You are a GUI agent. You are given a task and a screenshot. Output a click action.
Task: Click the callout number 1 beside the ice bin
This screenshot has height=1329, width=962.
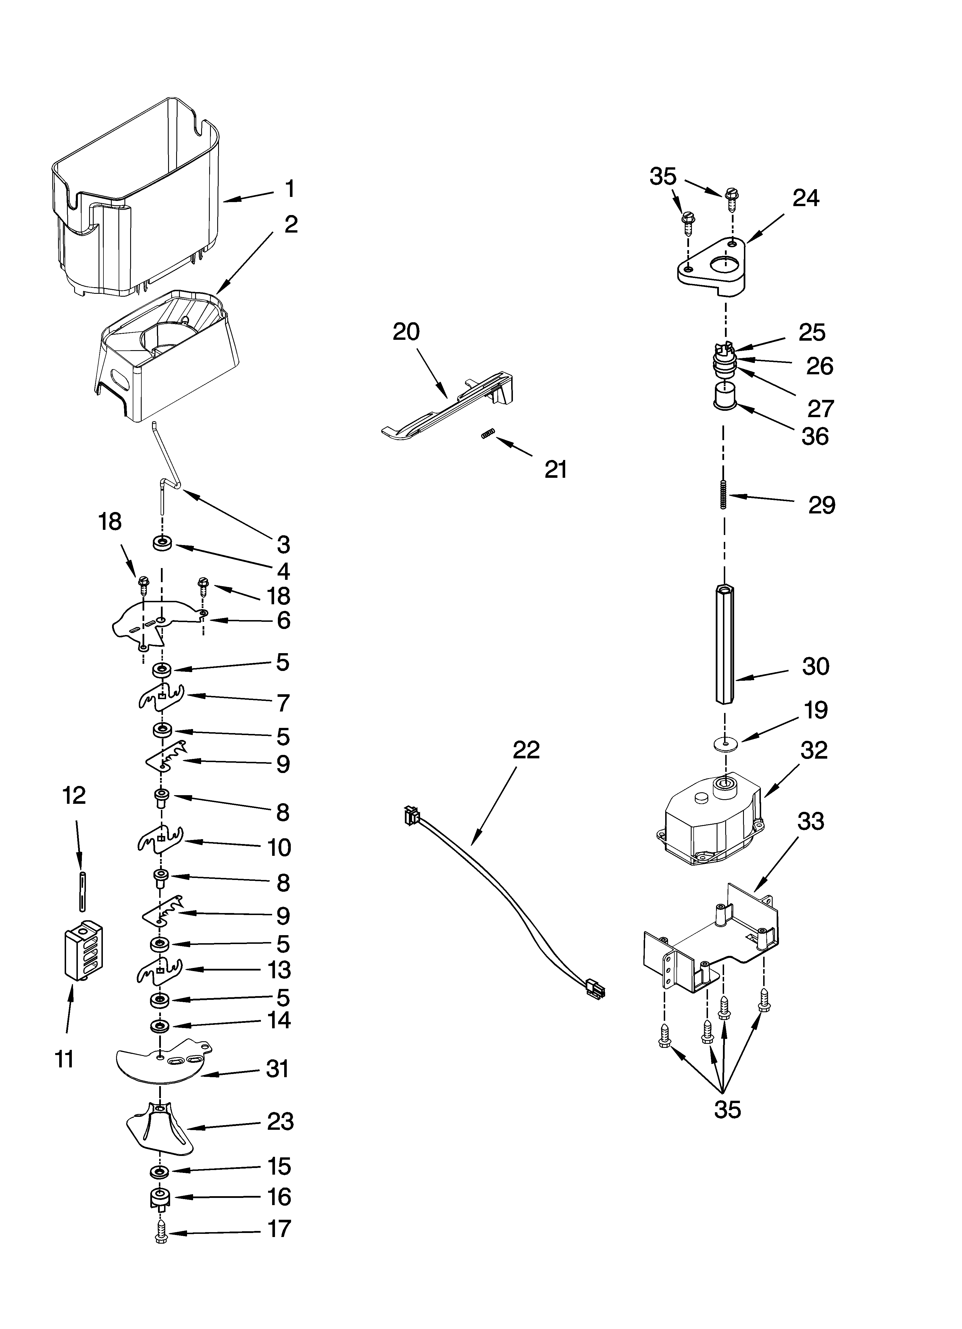click(x=289, y=189)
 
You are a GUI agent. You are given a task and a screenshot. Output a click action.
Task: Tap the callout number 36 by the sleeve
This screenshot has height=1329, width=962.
click(x=815, y=437)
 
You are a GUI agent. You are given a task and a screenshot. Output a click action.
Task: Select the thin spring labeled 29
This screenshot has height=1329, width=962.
click(x=724, y=495)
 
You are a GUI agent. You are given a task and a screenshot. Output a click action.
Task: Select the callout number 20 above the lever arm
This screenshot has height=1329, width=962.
click(x=406, y=332)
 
